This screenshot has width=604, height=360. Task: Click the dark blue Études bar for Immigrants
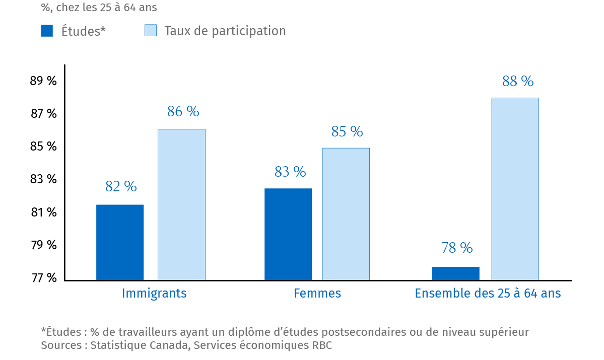[x=120, y=242]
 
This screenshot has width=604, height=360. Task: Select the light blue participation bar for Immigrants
[x=181, y=204]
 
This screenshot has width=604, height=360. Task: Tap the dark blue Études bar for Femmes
[x=288, y=234]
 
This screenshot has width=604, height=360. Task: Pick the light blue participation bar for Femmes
[x=346, y=214]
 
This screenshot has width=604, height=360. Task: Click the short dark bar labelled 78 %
[x=455, y=273]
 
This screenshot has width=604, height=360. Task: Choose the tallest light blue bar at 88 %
[x=515, y=189]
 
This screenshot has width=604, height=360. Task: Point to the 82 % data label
[x=121, y=187]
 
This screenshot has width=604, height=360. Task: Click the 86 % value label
[x=183, y=112]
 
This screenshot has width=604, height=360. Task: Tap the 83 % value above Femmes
[x=290, y=172]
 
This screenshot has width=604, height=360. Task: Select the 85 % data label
[x=347, y=132]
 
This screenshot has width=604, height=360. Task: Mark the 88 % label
[x=518, y=82]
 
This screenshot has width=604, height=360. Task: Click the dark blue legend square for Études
[x=47, y=31]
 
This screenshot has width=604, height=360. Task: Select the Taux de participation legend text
[x=225, y=31]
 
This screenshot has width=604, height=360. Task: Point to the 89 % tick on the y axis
[x=44, y=81]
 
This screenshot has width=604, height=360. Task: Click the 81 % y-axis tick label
[x=44, y=212]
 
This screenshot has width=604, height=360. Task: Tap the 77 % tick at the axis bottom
[x=44, y=278]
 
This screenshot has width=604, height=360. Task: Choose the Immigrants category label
[x=154, y=294]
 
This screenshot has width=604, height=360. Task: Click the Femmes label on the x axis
[x=317, y=294]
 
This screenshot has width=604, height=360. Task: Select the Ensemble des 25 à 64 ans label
[x=488, y=294]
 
